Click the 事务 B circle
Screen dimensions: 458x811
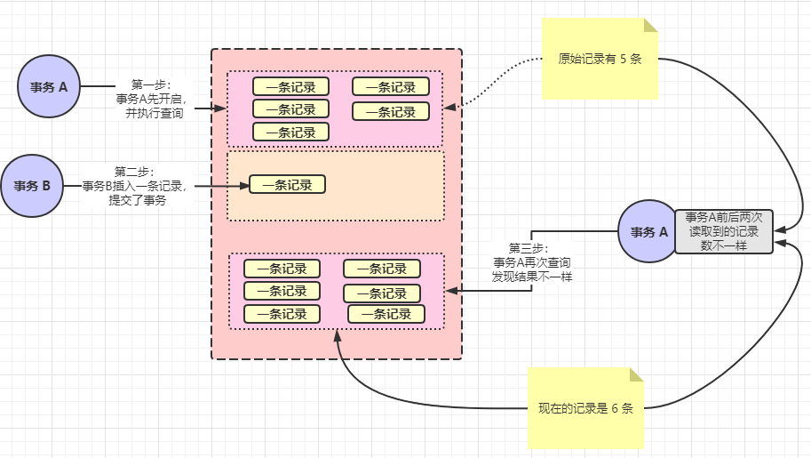coord(32,186)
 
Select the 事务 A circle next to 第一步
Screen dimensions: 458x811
coord(49,87)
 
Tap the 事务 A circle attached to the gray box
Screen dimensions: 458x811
coord(648,231)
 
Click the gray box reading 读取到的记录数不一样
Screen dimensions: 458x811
coord(724,231)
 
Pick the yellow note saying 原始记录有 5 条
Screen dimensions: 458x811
coord(600,60)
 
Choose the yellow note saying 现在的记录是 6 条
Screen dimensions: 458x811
coord(585,409)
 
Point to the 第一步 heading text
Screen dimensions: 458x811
coord(150,84)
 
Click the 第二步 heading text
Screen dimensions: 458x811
coord(134,171)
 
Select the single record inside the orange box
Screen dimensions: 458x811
coord(287,185)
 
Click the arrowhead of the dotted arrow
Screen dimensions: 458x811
coord(449,108)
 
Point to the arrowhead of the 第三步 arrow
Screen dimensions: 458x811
coord(450,290)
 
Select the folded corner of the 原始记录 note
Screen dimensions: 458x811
coord(650,26)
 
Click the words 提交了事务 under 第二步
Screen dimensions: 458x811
coord(137,200)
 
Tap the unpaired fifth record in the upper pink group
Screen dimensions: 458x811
coord(290,133)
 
